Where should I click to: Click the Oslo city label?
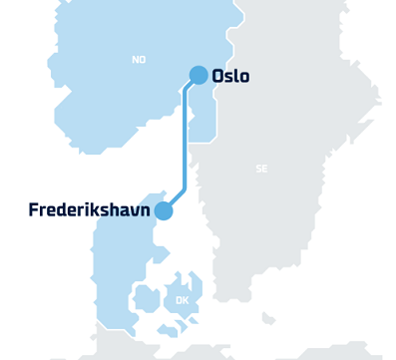pyautogui.click(x=230, y=76)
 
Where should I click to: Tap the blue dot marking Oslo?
pyautogui.click(x=198, y=75)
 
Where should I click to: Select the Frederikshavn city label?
pyautogui.click(x=89, y=210)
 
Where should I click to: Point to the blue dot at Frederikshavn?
pyautogui.click(x=164, y=210)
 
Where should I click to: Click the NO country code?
pyautogui.click(x=139, y=60)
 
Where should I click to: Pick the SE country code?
pyautogui.click(x=261, y=169)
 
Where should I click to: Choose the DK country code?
pyautogui.click(x=182, y=300)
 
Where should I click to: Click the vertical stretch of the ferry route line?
pyautogui.click(x=183, y=140)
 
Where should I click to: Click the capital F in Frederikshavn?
pyautogui.click(x=34, y=210)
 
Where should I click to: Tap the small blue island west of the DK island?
pyautogui.click(x=147, y=297)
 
